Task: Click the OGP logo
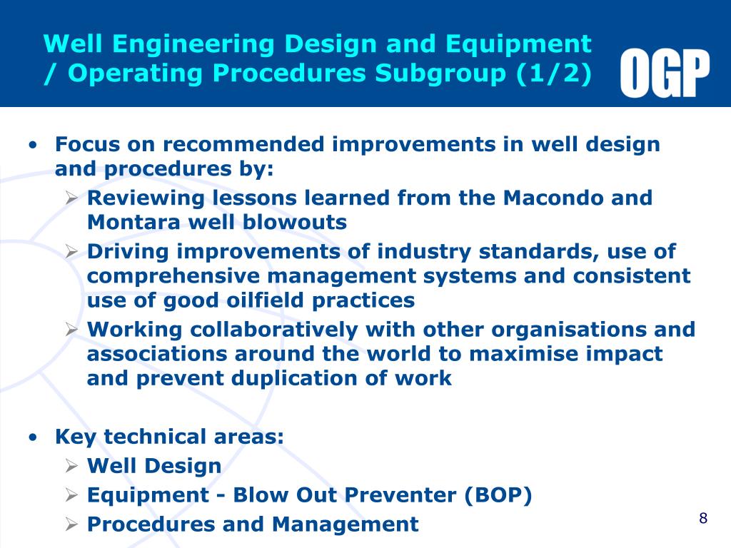[665, 73]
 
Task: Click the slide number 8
[703, 518]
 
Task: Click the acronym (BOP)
[498, 495]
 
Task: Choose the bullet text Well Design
[154, 466]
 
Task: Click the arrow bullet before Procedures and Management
[71, 524]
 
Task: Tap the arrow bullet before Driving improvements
[71, 252]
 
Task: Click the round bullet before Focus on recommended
[34, 146]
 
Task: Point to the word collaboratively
[283, 330]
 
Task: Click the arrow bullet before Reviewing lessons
[71, 198]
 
